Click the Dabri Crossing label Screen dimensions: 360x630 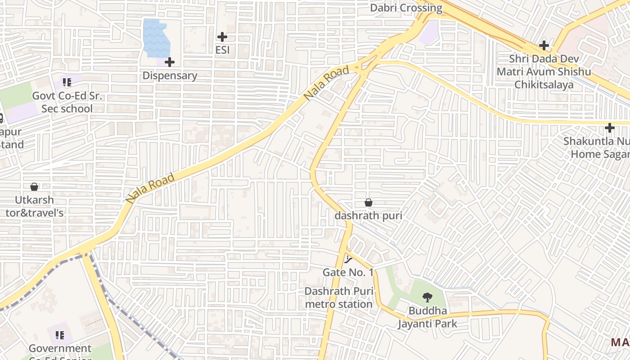(406, 8)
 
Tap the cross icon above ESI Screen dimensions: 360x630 (222, 37)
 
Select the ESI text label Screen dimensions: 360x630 (222, 49)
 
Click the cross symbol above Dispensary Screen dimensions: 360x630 (170, 62)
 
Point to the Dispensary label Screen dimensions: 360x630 (170, 76)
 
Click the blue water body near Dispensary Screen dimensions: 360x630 (156, 38)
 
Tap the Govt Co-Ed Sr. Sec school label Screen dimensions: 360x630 (67, 102)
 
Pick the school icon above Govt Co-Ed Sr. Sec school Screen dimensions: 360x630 (67, 82)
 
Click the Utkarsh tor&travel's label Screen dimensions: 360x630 (34, 206)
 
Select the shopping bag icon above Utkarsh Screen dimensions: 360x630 (34, 186)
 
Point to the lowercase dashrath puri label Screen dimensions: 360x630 (368, 216)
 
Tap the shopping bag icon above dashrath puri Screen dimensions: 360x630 (368, 202)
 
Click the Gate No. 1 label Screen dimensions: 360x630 (348, 272)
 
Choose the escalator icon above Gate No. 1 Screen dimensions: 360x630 (348, 259)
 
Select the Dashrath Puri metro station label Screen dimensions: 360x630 (339, 297)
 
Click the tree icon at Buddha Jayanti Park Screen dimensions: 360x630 (427, 297)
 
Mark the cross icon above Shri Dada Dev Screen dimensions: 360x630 (544, 45)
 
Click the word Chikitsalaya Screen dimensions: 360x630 (544, 85)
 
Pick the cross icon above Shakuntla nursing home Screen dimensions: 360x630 (610, 128)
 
